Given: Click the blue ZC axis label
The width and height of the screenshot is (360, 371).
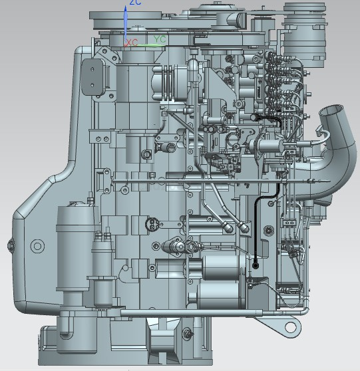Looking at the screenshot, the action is (x=135, y=3).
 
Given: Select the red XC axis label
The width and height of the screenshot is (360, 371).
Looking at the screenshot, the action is (x=132, y=43).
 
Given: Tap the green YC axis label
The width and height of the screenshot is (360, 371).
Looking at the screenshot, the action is (x=160, y=39).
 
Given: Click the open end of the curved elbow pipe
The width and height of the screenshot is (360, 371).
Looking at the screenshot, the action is (x=331, y=111).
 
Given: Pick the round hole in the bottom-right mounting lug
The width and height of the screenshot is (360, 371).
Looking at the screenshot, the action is (x=290, y=327).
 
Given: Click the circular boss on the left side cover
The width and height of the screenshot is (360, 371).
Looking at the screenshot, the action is (x=37, y=246).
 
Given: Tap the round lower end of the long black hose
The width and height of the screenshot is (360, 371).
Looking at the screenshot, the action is (x=256, y=266).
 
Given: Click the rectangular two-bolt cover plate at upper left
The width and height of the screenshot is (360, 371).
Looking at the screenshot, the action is (x=92, y=77).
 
